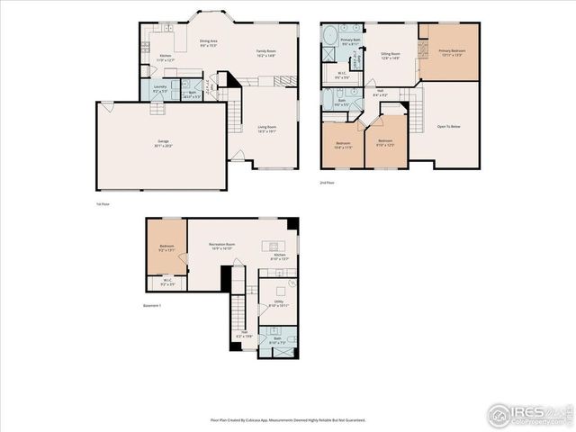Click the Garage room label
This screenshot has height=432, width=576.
(x=163, y=144)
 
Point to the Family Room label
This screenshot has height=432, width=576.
(x=265, y=54)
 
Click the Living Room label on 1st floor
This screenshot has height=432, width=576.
(x=265, y=129)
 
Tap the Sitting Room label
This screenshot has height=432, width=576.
(x=389, y=56)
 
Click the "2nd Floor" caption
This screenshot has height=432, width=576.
(x=327, y=183)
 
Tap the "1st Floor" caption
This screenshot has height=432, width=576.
(x=103, y=204)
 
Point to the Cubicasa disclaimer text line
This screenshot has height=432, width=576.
(x=287, y=419)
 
